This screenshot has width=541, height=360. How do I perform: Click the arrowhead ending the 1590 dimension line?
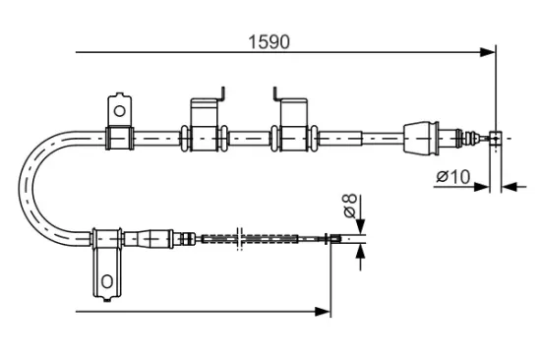coord(486,52)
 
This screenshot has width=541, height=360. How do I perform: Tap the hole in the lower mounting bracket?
coord(106,283)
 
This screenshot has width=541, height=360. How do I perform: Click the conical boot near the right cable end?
coord(421,137)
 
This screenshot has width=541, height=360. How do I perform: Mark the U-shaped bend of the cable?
coord(31,187)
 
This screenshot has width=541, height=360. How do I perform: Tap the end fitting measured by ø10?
coord(495,138)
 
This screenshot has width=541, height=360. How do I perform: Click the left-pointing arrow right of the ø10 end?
coord(508,185)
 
